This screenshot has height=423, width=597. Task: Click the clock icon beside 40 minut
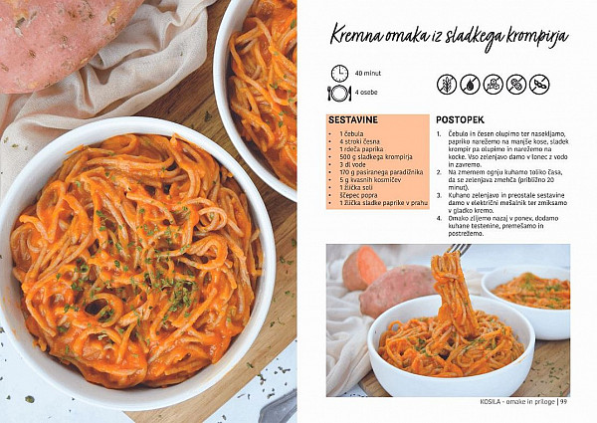[339, 73]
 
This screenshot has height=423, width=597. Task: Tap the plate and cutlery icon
[339, 93]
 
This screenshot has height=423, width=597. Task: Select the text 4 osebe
[366, 93]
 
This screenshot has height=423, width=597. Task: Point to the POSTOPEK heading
[460, 119]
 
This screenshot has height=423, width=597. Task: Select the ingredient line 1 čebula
[351, 133]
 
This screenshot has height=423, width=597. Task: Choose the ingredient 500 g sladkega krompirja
[376, 157]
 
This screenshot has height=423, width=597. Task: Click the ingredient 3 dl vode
[352, 164]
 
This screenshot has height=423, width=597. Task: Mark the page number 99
[563, 401]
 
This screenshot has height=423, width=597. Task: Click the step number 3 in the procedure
[439, 195]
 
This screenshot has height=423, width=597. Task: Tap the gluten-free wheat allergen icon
[446, 85]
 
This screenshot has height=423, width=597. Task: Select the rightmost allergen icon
[539, 85]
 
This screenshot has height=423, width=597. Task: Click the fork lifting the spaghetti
[460, 250]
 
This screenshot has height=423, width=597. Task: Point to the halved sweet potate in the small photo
[364, 268]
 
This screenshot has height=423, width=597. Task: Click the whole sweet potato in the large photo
[64, 43]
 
